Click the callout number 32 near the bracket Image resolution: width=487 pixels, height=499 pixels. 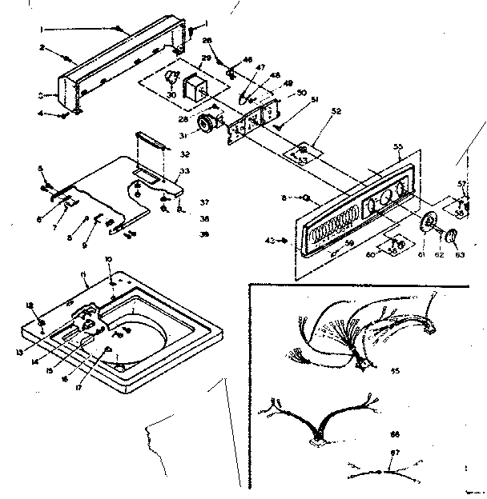185,154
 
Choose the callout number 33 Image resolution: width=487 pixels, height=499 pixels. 185,170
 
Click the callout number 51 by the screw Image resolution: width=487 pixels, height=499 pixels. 292,100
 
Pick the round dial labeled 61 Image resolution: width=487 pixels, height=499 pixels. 429,223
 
